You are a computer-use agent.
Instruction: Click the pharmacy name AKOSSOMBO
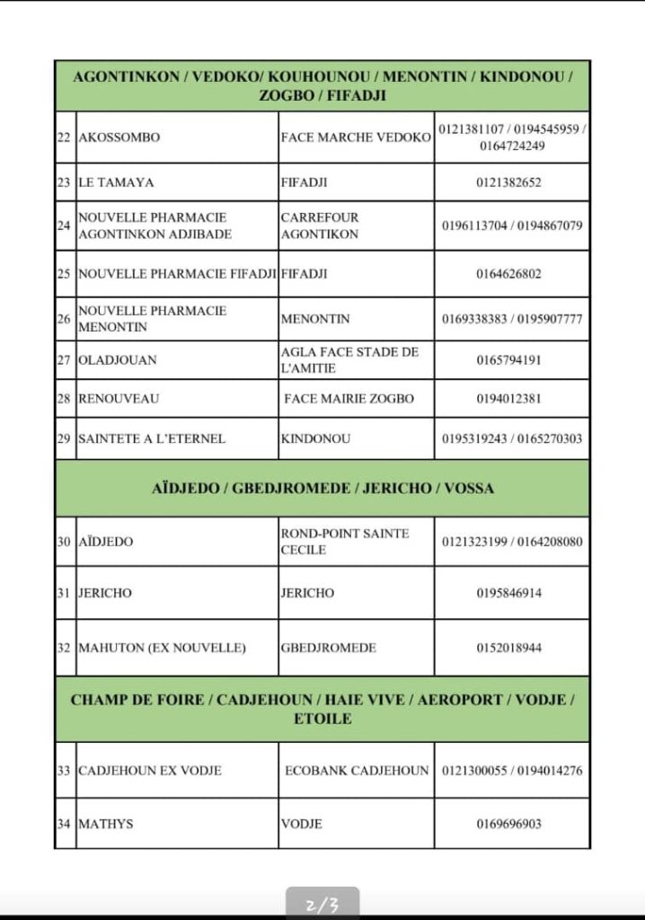click(119, 138)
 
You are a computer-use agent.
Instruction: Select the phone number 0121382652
click(509, 182)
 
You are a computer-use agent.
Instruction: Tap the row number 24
click(64, 226)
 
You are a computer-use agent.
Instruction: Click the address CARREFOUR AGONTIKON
click(320, 226)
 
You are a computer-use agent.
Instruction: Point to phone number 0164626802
click(509, 274)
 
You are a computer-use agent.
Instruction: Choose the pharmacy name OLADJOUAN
click(118, 360)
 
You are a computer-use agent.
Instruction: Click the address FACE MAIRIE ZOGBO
click(349, 399)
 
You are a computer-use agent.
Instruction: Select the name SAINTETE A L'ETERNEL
click(152, 439)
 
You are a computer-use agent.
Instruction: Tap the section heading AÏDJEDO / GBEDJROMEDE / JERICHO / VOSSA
click(322, 489)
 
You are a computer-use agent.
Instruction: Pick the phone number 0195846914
click(509, 594)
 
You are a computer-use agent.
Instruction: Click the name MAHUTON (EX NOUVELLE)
click(162, 648)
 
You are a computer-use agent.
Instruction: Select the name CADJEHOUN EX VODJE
click(150, 771)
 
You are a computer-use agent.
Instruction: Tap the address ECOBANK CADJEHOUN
click(357, 771)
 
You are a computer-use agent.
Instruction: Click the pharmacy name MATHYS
click(106, 824)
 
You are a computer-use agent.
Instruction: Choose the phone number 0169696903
click(509, 824)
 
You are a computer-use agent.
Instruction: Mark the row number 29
click(64, 439)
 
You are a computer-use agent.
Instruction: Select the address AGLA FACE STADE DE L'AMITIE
click(349, 360)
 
